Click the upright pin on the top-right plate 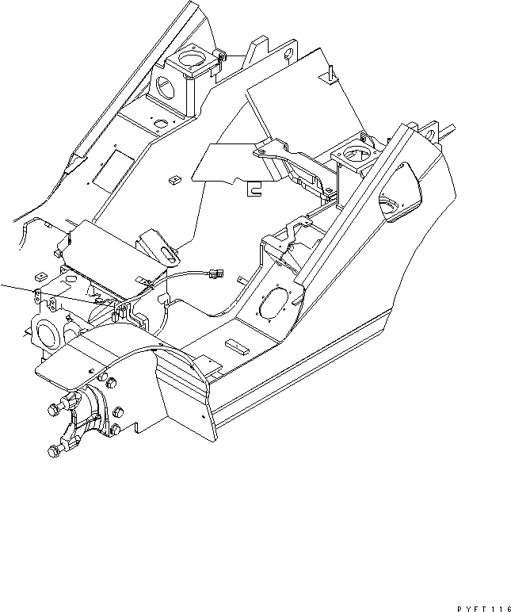[x=326, y=74]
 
